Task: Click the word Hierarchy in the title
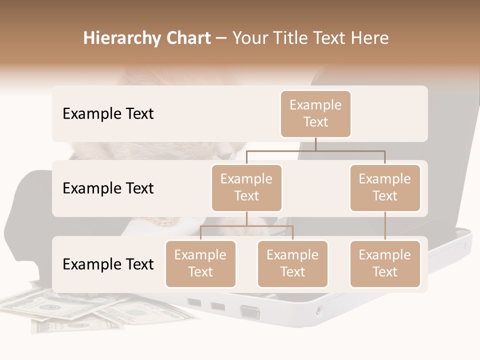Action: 114,38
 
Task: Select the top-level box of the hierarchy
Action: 315,113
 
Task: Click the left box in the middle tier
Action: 246,187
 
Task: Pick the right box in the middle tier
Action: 385,187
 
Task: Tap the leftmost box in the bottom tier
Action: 200,263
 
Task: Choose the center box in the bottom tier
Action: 292,263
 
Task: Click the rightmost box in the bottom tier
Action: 385,263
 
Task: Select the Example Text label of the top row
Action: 108,114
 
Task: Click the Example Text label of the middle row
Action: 108,188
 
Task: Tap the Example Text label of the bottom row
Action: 108,264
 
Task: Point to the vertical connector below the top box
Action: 315,144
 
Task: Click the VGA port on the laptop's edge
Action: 250,312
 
